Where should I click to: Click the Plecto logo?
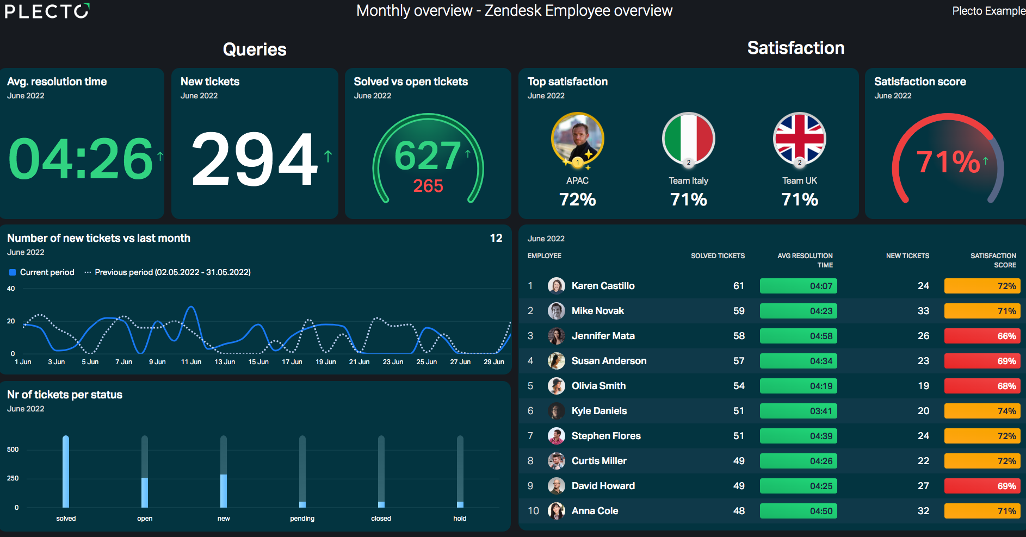[x=47, y=11]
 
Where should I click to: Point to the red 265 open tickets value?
[x=428, y=186]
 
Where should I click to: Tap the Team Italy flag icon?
[x=688, y=139]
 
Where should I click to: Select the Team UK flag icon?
[x=799, y=139]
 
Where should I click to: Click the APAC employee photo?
[x=577, y=139]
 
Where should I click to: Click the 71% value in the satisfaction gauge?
[x=948, y=161]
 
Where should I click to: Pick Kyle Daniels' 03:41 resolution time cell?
[x=798, y=411]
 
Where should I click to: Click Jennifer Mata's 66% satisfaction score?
[x=982, y=336]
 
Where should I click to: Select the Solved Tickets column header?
[x=718, y=256]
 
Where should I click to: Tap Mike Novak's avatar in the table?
[x=556, y=311]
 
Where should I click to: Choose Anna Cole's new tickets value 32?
[x=923, y=511]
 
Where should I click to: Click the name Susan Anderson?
[x=609, y=361]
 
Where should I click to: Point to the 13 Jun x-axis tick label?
[x=225, y=362]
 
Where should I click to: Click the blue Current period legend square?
[x=13, y=272]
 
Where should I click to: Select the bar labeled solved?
[x=66, y=471]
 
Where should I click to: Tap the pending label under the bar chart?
[x=302, y=519]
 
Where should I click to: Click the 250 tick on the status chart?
[x=13, y=478]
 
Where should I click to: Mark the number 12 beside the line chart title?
[x=496, y=238]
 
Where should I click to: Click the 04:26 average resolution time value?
[x=81, y=159]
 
